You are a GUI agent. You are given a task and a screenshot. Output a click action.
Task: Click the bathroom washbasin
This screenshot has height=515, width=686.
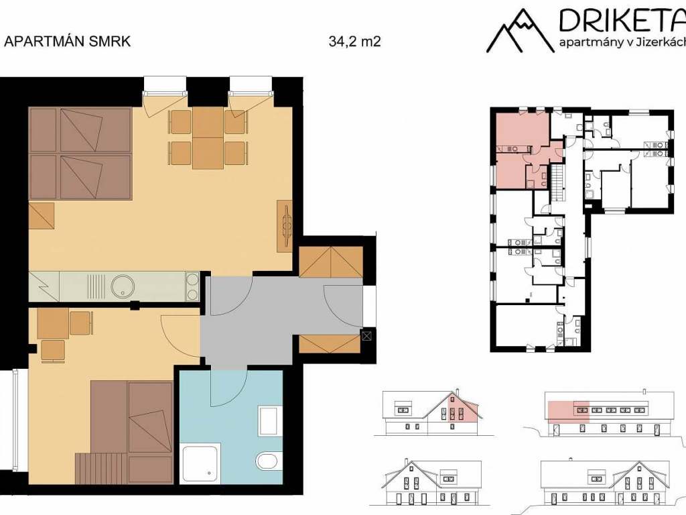(x=268, y=420)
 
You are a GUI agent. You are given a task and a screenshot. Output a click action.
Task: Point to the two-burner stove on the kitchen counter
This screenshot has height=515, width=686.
(x=192, y=286)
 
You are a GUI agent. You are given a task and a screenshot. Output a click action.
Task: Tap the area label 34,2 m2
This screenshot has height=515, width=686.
(x=355, y=42)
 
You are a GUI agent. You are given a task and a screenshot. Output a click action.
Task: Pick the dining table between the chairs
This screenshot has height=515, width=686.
(x=208, y=138)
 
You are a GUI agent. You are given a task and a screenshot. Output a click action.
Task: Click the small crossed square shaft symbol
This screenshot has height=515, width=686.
(x=366, y=336)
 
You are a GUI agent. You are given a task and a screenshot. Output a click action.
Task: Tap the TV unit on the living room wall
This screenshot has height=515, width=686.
(x=284, y=226)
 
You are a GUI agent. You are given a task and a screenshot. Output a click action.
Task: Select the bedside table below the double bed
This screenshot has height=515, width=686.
(x=42, y=215)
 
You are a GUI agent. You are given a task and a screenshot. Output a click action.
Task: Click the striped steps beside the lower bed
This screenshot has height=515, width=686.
(x=102, y=468)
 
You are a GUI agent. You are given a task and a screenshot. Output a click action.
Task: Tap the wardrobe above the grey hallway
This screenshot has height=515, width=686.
(x=331, y=262)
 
